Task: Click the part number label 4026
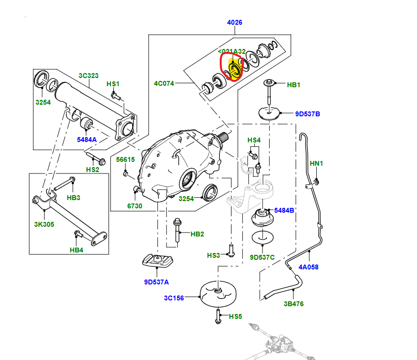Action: pos(234,22)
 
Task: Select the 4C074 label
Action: pos(164,83)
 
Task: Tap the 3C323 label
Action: pos(89,76)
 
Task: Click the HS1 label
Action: pos(113,84)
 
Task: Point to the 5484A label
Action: pos(87,140)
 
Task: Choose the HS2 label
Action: pos(93,170)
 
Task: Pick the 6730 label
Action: pos(135,206)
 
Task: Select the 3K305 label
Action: pos(44,224)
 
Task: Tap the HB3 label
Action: pos(73,197)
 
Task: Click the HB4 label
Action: pos(77,250)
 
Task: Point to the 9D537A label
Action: pos(156,282)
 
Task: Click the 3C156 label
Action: pos(173,298)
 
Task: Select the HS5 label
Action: pos(235,316)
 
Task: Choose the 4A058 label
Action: pos(309,267)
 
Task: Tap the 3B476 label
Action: pos(294,304)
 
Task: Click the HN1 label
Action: pos(316,163)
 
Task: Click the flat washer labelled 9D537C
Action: pos(263,237)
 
